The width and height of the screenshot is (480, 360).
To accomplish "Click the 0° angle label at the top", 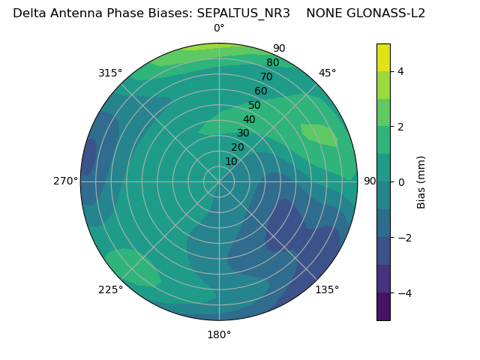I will point(219,28).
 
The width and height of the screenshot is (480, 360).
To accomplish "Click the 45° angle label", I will point(327,73).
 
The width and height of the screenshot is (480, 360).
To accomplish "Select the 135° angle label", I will point(327,289).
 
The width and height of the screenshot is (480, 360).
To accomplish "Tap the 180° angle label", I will point(219,334).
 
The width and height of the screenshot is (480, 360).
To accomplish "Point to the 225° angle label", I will point(110,289).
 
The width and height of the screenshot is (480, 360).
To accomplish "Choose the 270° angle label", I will point(65,181).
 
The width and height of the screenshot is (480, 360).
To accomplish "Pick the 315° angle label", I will point(110,73).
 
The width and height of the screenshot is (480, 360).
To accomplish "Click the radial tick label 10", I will point(231,161).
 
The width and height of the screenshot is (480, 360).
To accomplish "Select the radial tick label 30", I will point(243,133).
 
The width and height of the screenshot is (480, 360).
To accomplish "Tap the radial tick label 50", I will point(254,106).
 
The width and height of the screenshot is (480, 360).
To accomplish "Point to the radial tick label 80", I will point(272,63).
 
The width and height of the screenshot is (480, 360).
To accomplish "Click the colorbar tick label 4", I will point(400,71).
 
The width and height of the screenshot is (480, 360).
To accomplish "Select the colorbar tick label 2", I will point(400,127).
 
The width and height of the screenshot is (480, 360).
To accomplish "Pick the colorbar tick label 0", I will point(400,182).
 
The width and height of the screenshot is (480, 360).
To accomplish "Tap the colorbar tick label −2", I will point(403,238).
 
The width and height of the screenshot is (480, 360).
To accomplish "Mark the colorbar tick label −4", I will point(403,293).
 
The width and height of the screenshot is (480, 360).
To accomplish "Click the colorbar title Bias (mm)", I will point(421,182).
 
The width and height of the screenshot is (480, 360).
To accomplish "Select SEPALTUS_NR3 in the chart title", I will point(243,13).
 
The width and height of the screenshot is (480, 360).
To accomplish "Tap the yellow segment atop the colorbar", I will point(383,57).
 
